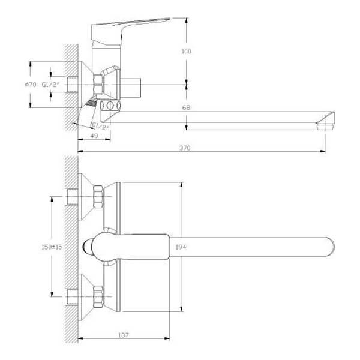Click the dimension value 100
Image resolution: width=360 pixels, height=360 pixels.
point(186,51)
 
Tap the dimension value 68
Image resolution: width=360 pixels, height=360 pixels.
point(186,107)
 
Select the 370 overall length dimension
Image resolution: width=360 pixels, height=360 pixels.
point(185,148)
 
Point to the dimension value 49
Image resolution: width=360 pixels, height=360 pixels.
point(94,136)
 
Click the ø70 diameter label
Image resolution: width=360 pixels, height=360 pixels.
point(31,85)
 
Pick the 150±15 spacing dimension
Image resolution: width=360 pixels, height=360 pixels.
point(52,247)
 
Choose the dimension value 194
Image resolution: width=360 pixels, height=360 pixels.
point(181,247)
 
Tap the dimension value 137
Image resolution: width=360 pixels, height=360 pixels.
point(124,335)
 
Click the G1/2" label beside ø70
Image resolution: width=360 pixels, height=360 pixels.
point(50,85)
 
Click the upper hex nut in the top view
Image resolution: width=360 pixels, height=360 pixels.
point(98,197)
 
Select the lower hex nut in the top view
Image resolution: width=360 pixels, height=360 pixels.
point(98,296)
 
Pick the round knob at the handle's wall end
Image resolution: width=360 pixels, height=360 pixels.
point(87,247)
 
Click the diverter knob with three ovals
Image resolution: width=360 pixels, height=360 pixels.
point(110,106)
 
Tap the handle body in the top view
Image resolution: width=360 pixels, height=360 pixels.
point(130,247)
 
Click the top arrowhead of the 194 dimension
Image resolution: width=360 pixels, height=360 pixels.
point(181,185)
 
